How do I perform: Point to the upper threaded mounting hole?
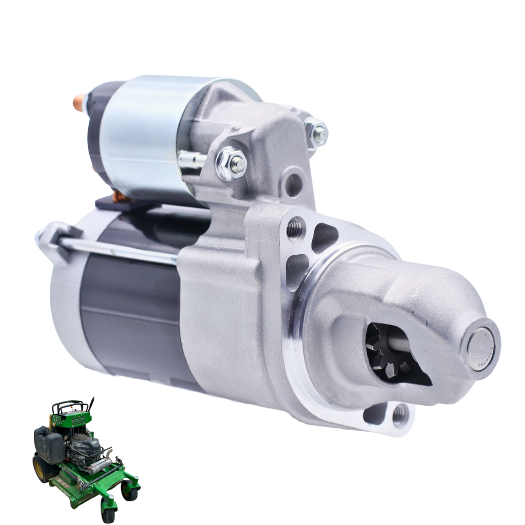[x=295, y=229]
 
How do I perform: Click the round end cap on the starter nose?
[x=480, y=349]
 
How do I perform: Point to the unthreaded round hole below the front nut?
[x=293, y=185]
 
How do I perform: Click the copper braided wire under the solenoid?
[x=119, y=196]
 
